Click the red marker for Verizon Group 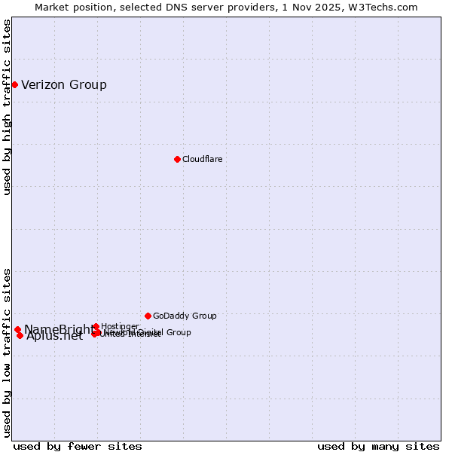14,84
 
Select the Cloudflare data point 177,159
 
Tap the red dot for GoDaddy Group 148,316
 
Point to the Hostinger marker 96,326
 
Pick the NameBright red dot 17,329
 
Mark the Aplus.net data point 20,335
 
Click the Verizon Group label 64,84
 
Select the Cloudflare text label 202,159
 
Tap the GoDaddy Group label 185,316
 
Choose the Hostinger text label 120,326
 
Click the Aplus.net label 54,336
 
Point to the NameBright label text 59,329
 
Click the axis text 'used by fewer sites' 78,446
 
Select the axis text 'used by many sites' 378,446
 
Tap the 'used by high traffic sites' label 7,107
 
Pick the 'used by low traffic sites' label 7,352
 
